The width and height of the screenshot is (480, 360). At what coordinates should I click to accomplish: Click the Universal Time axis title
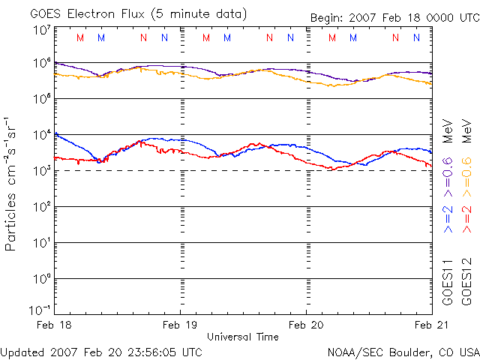[x=243, y=337]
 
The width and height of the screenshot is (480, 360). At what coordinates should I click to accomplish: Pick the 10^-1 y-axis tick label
[x=40, y=310]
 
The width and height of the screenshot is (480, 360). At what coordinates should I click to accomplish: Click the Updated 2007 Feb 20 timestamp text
[x=102, y=351]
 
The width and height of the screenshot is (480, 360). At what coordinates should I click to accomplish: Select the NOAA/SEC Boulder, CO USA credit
[x=403, y=351]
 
